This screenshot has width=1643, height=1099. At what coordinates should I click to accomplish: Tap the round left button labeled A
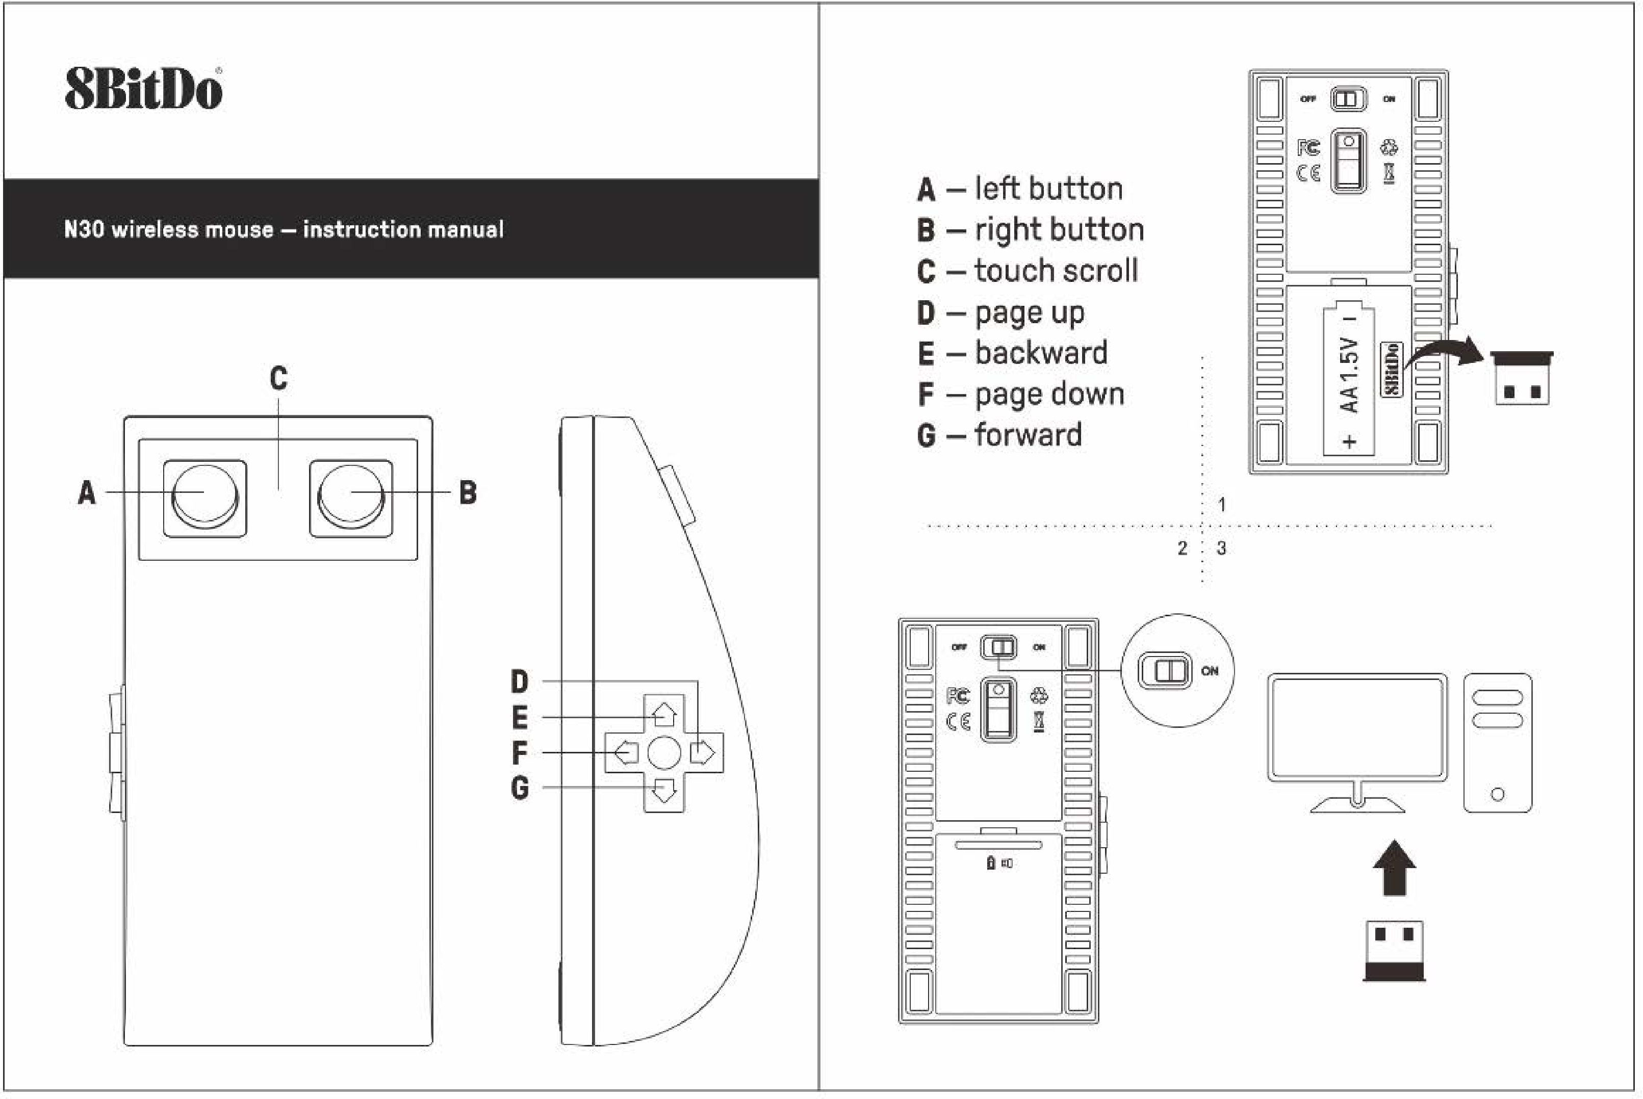204,495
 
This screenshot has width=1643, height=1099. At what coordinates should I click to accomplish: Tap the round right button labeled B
351,495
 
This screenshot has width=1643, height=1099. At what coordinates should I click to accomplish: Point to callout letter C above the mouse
278,378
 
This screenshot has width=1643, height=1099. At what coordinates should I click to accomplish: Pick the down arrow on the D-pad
664,791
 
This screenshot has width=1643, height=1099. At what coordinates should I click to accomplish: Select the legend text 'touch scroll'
1056,271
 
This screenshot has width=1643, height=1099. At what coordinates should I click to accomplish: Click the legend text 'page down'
1049,395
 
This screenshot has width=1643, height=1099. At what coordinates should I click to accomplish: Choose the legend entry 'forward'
1028,435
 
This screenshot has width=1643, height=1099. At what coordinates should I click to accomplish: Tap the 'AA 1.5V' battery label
1349,375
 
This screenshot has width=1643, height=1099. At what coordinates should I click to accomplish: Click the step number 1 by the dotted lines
1222,505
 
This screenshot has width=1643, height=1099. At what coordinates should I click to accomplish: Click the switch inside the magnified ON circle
1164,671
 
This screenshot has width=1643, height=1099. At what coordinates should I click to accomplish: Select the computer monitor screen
1357,727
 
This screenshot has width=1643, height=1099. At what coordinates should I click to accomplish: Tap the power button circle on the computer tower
1498,795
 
